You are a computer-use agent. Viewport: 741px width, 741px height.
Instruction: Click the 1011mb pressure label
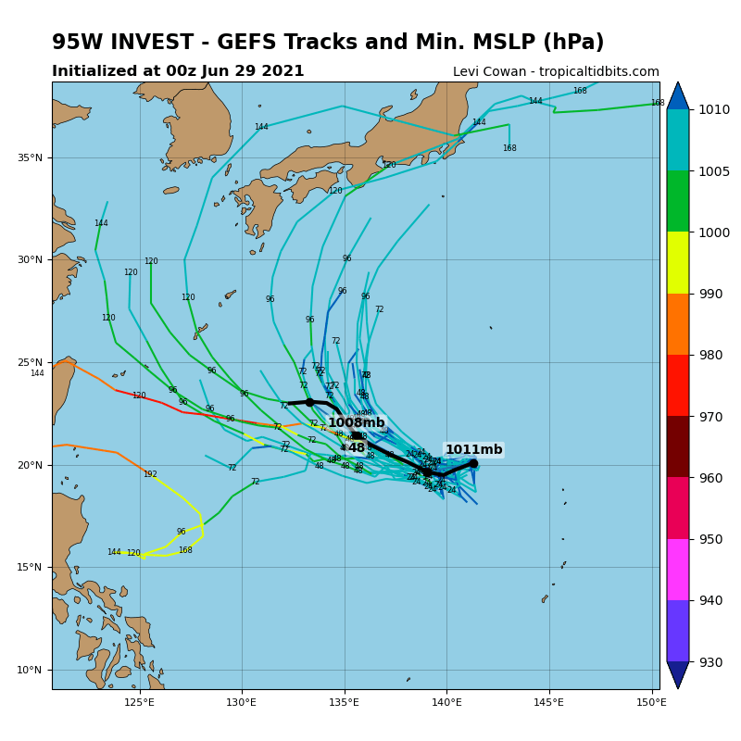click(x=473, y=450)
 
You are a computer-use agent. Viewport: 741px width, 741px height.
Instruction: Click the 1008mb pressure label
click(x=356, y=423)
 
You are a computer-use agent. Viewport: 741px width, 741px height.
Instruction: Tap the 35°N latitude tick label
click(x=31, y=157)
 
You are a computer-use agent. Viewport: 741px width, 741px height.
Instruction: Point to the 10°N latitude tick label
click(x=31, y=670)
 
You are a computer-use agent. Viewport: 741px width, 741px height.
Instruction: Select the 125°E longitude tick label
click(x=139, y=701)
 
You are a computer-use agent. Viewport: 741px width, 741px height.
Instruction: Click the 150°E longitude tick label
click(x=651, y=701)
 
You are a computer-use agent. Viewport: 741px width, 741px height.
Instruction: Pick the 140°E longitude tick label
click(x=446, y=701)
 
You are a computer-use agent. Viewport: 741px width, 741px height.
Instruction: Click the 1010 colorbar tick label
click(x=714, y=109)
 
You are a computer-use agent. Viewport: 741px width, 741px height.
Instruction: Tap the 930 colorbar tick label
click(x=711, y=662)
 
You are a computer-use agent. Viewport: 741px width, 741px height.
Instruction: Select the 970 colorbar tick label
click(x=711, y=417)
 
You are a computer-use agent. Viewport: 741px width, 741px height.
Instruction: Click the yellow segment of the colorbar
click(x=677, y=262)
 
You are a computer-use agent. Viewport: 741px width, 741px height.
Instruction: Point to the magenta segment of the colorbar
click(x=677, y=569)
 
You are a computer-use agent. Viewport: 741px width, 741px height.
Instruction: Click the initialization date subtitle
click(x=178, y=71)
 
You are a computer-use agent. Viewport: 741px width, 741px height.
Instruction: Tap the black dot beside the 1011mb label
click(x=473, y=463)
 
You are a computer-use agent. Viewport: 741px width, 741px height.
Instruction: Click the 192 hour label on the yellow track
click(x=150, y=474)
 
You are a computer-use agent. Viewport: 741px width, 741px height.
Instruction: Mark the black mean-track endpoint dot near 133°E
click(x=309, y=402)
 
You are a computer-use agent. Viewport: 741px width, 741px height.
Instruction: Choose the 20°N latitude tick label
click(x=31, y=465)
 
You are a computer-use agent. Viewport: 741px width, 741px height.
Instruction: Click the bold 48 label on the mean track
click(x=357, y=448)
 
